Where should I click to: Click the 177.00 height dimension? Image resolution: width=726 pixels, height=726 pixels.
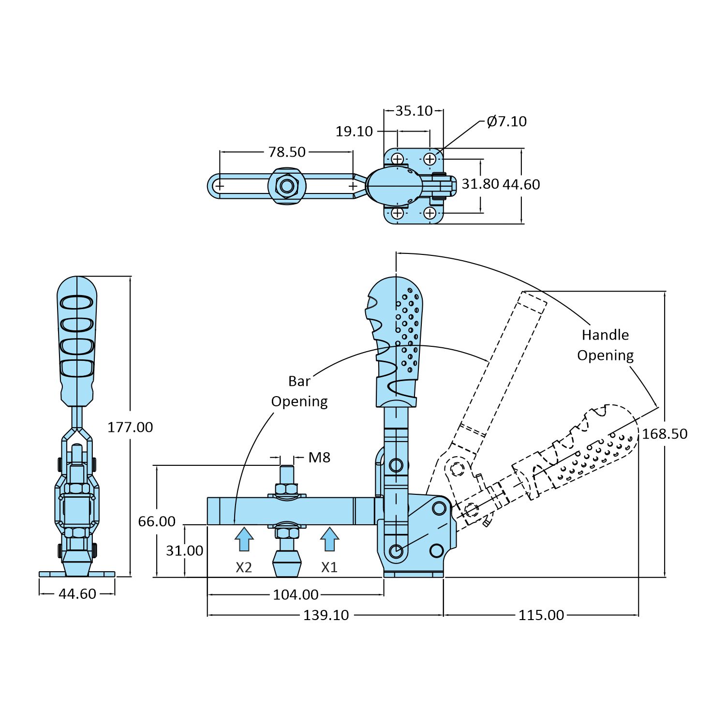pyautogui.click(x=130, y=427)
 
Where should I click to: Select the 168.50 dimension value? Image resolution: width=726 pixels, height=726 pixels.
pyautogui.click(x=665, y=433)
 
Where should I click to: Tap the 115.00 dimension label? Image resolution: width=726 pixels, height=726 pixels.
pyautogui.click(x=541, y=615)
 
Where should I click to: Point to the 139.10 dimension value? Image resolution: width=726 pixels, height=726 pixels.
pyautogui.click(x=326, y=615)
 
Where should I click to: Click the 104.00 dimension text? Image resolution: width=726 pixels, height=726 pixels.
pyautogui.click(x=296, y=594)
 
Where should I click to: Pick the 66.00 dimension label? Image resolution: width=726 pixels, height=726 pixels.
pyautogui.click(x=157, y=521)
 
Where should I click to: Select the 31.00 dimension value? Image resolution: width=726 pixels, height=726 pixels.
pyautogui.click(x=184, y=550)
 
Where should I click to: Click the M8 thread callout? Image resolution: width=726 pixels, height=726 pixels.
pyautogui.click(x=319, y=457)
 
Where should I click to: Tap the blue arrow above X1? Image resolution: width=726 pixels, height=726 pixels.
pyautogui.click(x=329, y=539)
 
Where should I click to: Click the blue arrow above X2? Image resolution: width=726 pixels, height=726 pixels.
pyautogui.click(x=244, y=539)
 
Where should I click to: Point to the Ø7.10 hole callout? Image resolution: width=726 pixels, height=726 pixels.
pyautogui.click(x=506, y=121)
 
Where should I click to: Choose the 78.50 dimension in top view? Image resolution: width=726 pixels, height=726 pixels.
pyautogui.click(x=287, y=152)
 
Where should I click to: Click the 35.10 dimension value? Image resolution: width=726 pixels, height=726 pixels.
pyautogui.click(x=414, y=111)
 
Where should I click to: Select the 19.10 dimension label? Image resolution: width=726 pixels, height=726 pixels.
pyautogui.click(x=355, y=131)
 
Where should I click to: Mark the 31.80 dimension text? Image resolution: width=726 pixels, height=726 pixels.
pyautogui.click(x=480, y=184)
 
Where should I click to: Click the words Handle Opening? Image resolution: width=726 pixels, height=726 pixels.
pyautogui.click(x=605, y=345)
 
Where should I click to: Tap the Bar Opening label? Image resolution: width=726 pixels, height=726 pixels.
pyautogui.click(x=299, y=391)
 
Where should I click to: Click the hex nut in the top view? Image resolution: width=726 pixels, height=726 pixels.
pyautogui.click(x=287, y=186)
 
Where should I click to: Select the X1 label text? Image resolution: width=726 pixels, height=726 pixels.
pyautogui.click(x=329, y=567)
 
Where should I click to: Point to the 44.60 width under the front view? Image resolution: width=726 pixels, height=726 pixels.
pyautogui.click(x=77, y=593)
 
